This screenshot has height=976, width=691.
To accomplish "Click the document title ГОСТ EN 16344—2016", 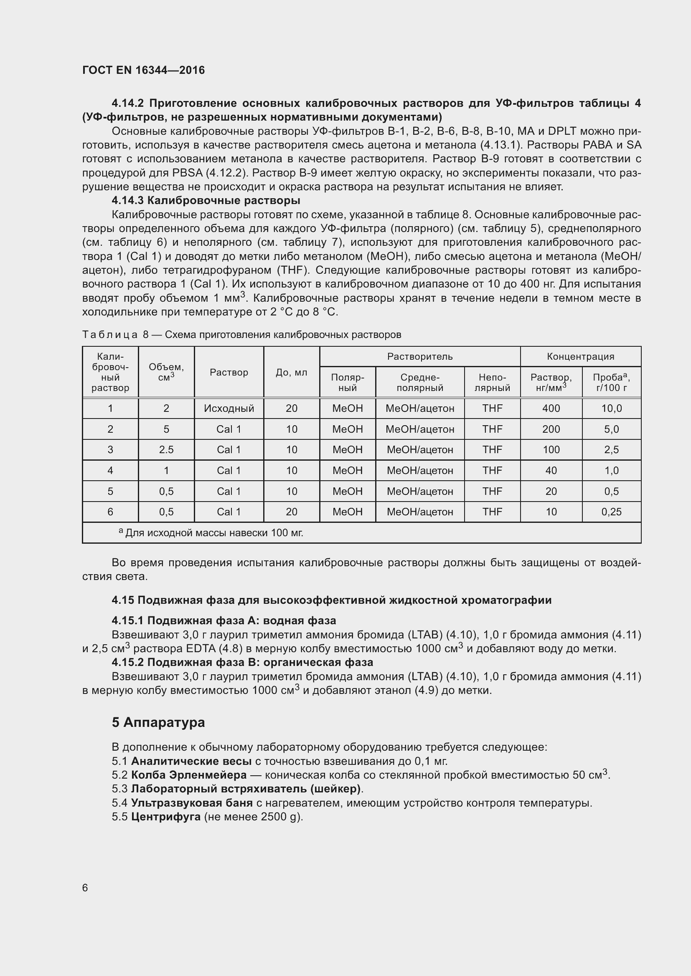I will click(143, 70).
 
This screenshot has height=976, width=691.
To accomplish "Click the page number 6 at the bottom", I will click(85, 888).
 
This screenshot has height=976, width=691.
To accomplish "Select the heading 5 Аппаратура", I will click(158, 722).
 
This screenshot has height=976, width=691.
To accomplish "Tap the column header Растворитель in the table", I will click(419, 356).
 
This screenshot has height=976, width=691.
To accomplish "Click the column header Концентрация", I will click(580, 356).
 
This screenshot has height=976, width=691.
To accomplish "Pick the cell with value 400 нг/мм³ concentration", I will click(551, 409).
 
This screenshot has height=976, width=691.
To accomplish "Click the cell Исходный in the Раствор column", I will click(229, 409).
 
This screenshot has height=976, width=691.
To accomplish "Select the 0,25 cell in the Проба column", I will click(612, 512).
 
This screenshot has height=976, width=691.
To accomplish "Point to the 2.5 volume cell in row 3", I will click(166, 450).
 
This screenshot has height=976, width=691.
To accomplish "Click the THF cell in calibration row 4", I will click(492, 471).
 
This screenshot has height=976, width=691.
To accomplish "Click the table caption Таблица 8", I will click(241, 335).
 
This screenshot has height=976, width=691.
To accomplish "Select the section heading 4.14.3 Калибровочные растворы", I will click(206, 200).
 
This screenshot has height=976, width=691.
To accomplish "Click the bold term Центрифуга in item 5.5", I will click(166, 817).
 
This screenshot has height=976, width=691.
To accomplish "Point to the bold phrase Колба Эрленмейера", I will click(188, 774).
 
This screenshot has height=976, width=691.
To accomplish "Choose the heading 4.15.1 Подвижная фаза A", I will click(224, 620).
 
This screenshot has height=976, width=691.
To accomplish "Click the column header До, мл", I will click(292, 372).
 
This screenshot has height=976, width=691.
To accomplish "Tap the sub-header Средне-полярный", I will click(419, 382).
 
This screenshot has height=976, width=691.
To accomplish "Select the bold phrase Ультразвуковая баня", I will click(191, 802).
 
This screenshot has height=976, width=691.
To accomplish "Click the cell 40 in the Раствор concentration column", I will click(551, 471).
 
